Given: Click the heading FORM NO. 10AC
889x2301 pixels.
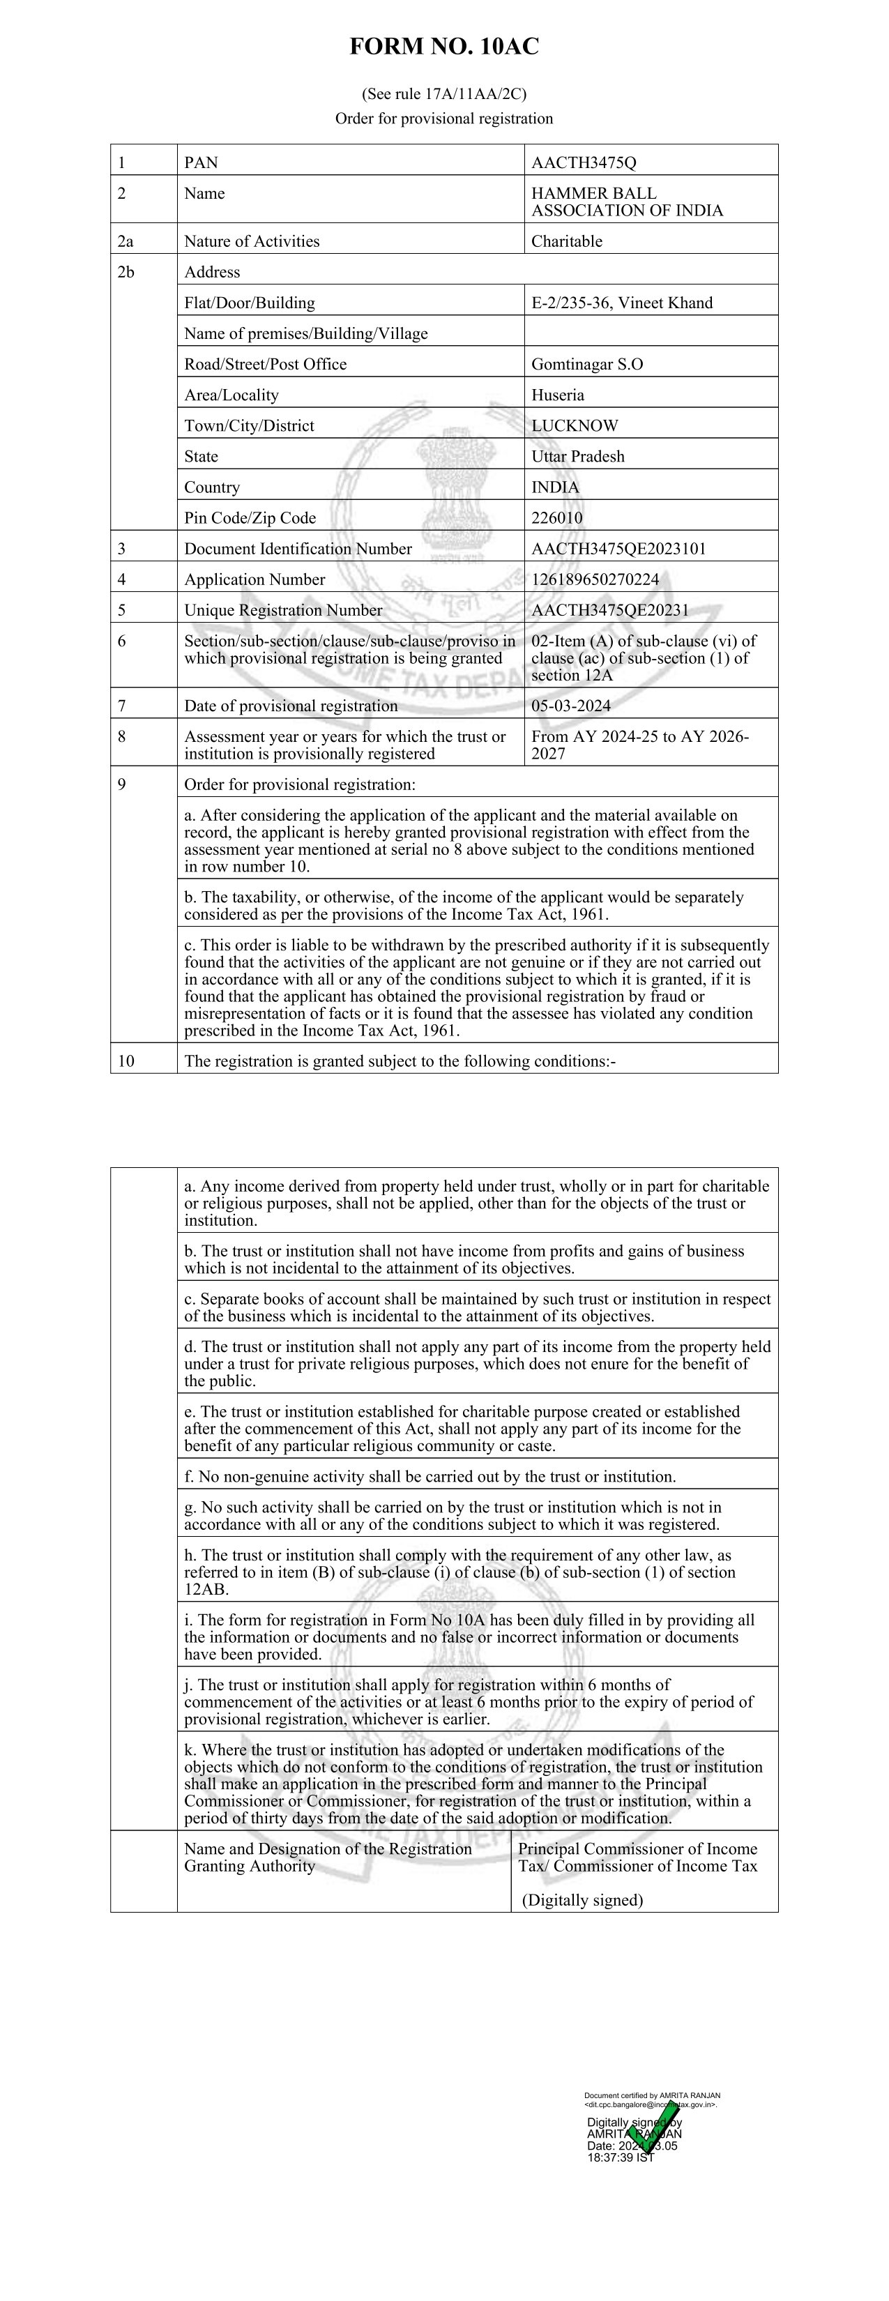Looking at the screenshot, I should click(x=444, y=47).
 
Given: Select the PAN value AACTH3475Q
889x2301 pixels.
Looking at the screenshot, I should click(x=584, y=162).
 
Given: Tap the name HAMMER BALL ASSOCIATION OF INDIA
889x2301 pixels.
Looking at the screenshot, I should click(x=626, y=202).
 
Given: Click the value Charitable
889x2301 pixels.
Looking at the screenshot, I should click(x=566, y=241).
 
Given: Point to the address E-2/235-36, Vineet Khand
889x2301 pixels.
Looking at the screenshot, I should click(x=622, y=303).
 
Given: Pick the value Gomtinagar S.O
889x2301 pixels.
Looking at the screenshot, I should click(x=587, y=365).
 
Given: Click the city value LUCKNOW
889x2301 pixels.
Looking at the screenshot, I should click(x=575, y=426).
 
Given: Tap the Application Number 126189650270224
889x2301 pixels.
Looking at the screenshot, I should click(x=595, y=579).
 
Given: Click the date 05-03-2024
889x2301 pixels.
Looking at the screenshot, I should click(x=571, y=706).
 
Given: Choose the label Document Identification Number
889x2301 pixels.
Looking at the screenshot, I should click(x=298, y=549).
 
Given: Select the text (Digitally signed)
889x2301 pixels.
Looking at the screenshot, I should click(x=582, y=1900).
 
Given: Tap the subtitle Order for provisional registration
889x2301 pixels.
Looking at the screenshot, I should click(x=444, y=119).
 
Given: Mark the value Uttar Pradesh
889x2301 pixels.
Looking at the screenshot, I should click(x=577, y=457).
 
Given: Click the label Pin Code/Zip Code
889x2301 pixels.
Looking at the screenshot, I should click(x=250, y=518).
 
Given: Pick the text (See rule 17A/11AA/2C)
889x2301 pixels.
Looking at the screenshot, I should click(x=444, y=94).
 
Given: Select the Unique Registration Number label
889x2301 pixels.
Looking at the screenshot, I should click(x=283, y=611).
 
